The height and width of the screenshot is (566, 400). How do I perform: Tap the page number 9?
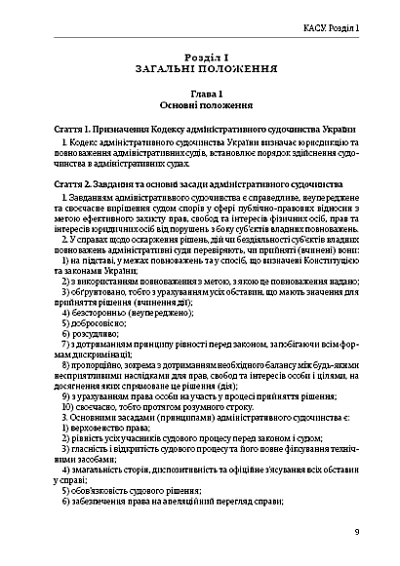pyautogui.click(x=357, y=531)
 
